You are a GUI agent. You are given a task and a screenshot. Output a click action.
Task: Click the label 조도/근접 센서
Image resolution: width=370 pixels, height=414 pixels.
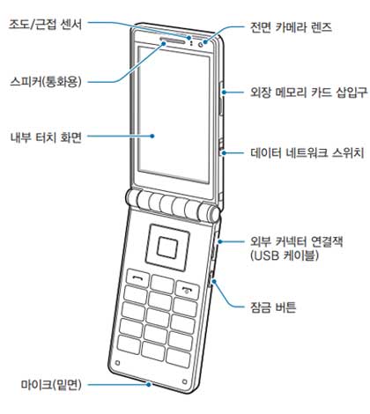click(45, 24)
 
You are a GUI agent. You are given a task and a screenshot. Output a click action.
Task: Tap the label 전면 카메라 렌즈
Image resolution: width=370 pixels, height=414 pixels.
click(291, 27)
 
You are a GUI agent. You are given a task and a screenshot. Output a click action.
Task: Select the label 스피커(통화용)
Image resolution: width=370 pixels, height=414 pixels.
click(46, 81)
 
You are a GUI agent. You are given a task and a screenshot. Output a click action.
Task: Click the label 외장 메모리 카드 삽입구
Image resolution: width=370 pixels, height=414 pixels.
click(308, 92)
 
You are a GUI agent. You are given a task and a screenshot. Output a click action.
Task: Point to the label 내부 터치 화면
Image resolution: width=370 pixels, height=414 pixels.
click(46, 137)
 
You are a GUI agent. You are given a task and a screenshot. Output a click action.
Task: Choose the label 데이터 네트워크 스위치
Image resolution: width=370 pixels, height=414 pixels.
click(307, 152)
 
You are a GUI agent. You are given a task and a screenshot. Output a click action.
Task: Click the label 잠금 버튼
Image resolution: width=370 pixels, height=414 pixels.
click(273, 307)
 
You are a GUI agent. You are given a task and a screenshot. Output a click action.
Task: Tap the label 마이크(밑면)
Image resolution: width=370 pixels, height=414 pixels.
click(51, 384)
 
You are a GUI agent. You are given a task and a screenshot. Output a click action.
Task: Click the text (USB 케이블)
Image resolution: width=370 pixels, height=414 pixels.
click(285, 255)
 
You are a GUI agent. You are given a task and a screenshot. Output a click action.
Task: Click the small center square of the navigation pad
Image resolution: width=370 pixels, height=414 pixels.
click(167, 247)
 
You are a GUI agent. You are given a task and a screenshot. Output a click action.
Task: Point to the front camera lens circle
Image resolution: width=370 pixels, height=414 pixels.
click(202, 44)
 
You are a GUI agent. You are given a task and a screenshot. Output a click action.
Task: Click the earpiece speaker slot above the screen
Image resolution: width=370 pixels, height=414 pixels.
click(173, 40)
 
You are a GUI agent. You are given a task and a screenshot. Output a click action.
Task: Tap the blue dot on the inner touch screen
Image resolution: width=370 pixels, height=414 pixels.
click(152, 136)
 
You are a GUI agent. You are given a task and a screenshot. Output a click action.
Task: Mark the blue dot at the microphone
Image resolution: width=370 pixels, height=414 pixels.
click(149, 384)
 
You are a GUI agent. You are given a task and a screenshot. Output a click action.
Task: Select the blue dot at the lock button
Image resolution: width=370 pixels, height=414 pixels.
click(214, 281)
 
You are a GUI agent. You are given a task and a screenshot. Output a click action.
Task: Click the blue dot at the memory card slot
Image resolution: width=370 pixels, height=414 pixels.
click(224, 92)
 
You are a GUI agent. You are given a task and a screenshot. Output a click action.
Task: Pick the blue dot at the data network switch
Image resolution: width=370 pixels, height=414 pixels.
click(224, 152)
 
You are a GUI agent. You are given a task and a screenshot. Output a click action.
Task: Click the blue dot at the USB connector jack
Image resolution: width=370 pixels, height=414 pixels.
click(220, 241)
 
